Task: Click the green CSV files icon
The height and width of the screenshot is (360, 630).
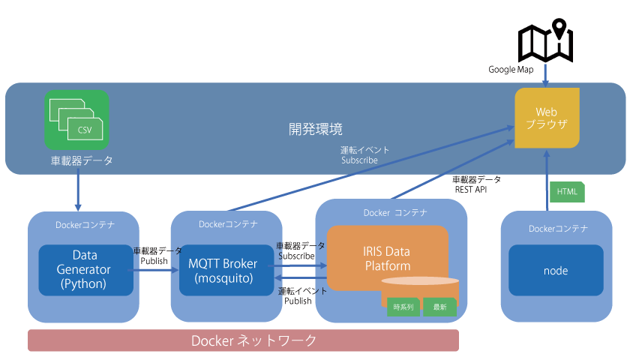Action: click(x=76, y=120)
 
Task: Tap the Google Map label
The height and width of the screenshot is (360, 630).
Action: click(x=511, y=70)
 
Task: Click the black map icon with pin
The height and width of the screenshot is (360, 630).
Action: click(x=546, y=40)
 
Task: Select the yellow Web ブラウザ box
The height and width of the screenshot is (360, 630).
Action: click(x=547, y=118)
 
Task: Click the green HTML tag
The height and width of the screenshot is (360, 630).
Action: click(x=567, y=192)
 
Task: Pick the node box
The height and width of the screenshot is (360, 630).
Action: click(x=556, y=271)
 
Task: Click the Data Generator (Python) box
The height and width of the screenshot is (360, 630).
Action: click(x=85, y=270)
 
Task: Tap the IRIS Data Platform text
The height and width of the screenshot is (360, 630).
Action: click(x=387, y=258)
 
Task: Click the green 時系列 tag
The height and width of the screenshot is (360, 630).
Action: click(x=403, y=307)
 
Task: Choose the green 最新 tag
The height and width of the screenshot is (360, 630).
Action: click(x=439, y=307)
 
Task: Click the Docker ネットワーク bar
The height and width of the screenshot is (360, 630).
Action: click(x=243, y=340)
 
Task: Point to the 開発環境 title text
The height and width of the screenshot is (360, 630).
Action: click(x=316, y=129)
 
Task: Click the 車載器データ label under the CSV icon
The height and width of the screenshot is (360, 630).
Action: click(x=82, y=160)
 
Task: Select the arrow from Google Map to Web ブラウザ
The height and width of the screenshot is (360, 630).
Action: click(x=545, y=75)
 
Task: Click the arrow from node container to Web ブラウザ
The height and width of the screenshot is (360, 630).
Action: click(x=547, y=181)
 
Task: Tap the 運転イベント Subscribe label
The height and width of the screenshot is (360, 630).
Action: click(x=364, y=155)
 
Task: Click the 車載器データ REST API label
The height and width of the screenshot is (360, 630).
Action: click(x=476, y=184)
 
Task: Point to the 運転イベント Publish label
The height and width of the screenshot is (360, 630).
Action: click(x=302, y=295)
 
